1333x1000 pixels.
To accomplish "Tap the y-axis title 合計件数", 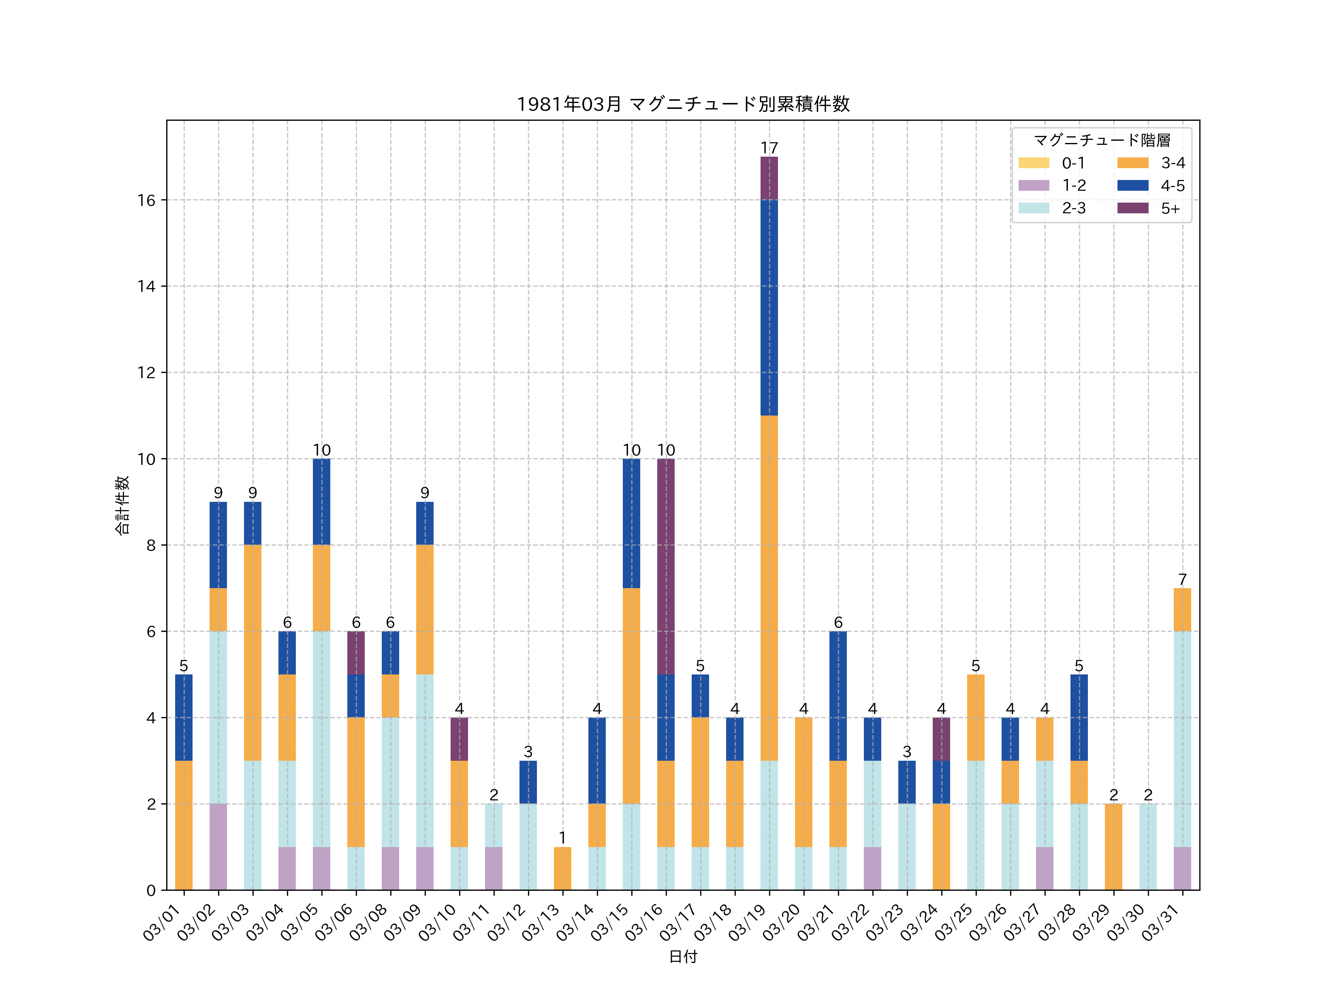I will pyautogui.click(x=122, y=505).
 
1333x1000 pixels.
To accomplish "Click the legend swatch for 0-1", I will pyautogui.click(x=1033, y=163).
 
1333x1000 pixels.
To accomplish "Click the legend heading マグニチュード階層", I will pyautogui.click(x=1102, y=140).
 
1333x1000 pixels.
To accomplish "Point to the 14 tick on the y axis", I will pyautogui.click(x=146, y=286).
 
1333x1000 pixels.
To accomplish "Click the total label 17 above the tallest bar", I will pyautogui.click(x=769, y=148).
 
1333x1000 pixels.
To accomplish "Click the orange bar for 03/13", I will pyautogui.click(x=562, y=868).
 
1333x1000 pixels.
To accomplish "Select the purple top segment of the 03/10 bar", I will pyautogui.click(x=459, y=739).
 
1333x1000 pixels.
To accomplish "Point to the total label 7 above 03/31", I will pyautogui.click(x=1182, y=579).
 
